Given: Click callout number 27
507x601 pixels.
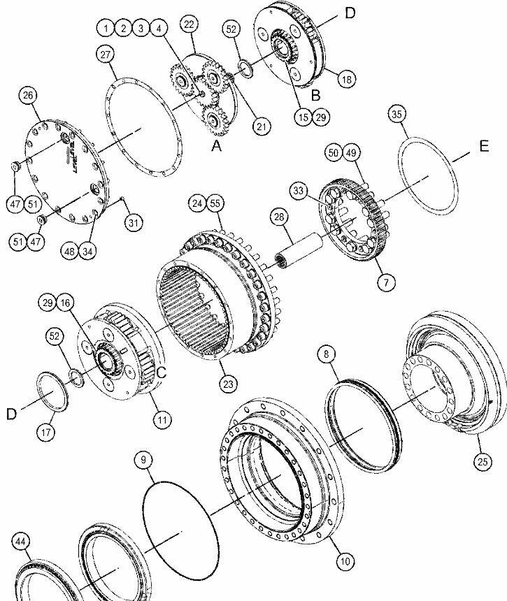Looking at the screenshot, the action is [x=106, y=55].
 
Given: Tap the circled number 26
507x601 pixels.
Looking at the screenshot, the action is [x=28, y=95].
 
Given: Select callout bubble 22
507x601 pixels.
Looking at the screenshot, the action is [x=189, y=24].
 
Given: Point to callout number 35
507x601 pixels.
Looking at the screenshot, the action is [x=397, y=114].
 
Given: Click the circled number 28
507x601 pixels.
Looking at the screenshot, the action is [x=279, y=217].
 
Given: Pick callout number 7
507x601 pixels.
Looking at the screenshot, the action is [x=386, y=283].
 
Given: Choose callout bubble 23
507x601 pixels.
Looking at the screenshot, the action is [x=228, y=384].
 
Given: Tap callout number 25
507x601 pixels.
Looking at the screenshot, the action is [x=483, y=461].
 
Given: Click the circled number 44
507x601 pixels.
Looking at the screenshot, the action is [x=21, y=542].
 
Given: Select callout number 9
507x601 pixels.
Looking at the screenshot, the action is [x=143, y=460].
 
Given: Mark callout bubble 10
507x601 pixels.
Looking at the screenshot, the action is [x=345, y=562].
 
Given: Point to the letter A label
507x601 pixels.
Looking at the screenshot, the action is [x=217, y=145].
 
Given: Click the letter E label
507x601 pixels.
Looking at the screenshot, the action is [x=484, y=146].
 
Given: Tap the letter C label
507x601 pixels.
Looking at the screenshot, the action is [x=162, y=372].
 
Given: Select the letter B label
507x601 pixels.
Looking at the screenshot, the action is [x=315, y=96].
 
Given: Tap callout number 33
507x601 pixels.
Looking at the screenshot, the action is [x=299, y=191].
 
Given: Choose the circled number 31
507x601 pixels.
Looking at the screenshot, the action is [x=133, y=223].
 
